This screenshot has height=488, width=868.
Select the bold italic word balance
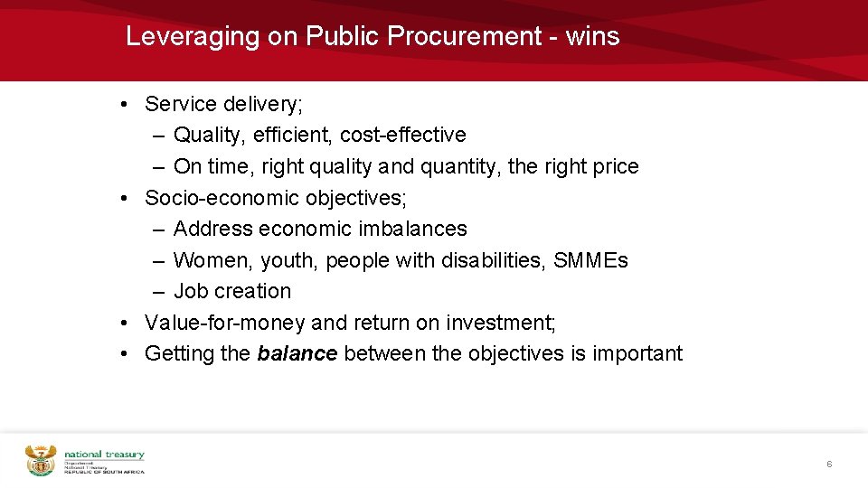(x=297, y=353)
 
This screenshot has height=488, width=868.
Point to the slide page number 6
(x=828, y=464)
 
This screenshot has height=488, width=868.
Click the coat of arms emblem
(x=41, y=460)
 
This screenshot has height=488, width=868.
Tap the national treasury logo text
(x=104, y=455)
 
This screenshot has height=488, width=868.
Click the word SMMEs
(x=590, y=260)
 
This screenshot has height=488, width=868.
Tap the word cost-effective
(x=415, y=136)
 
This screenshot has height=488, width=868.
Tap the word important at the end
(x=637, y=353)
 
